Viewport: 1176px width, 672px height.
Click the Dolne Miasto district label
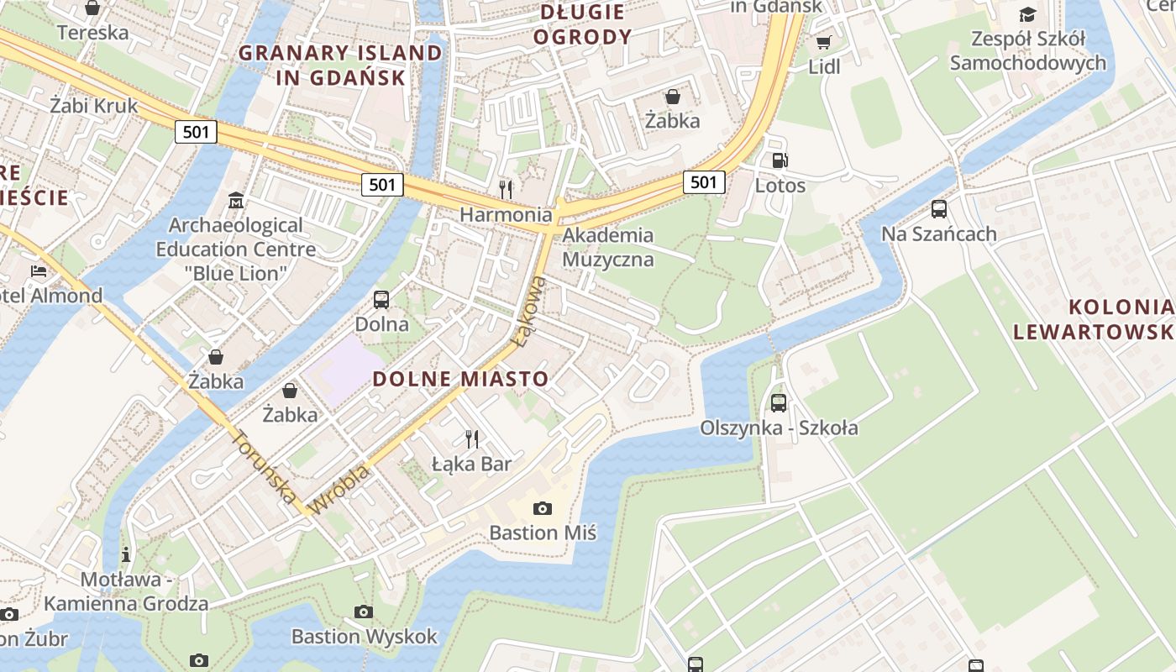click(459, 379)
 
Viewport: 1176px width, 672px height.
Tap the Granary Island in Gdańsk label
click(340, 66)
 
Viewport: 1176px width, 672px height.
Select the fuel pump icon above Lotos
click(780, 160)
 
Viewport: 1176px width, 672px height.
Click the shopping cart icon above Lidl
click(823, 42)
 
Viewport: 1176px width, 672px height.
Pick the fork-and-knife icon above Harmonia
click(505, 188)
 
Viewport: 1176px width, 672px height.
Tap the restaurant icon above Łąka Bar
click(471, 438)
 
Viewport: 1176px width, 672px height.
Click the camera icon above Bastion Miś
click(543, 508)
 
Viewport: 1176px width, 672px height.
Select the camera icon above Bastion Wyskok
click(364, 612)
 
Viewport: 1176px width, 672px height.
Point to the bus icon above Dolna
click(381, 300)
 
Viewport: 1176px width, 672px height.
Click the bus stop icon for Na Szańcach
click(938, 209)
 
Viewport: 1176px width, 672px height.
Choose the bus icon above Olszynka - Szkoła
click(779, 403)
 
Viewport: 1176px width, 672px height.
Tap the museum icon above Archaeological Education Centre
click(236, 201)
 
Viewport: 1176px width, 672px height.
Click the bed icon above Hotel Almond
click(39, 270)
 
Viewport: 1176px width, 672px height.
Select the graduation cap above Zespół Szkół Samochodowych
click(1027, 14)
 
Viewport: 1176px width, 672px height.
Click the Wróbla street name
click(339, 491)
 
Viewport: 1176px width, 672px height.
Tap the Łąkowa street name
click(530, 312)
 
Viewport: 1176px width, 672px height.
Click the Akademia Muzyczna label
click(607, 247)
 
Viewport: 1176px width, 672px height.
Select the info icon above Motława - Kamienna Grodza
click(126, 554)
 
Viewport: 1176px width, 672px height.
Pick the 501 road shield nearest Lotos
click(703, 181)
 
